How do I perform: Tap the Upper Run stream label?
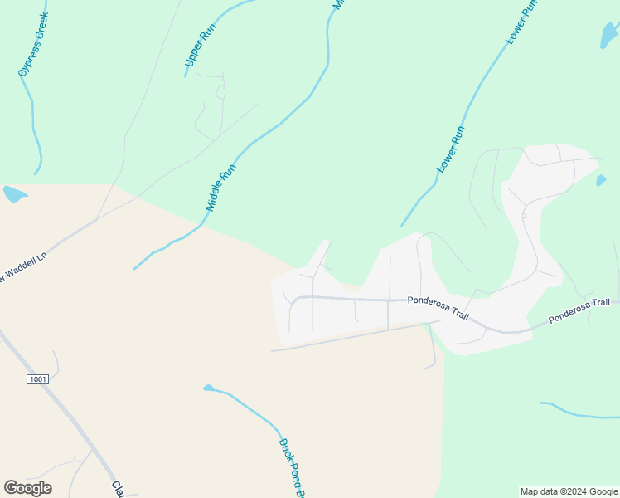pyautogui.click(x=200, y=45)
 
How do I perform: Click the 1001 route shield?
pyautogui.click(x=37, y=379)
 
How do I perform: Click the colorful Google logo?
pyautogui.click(x=27, y=488)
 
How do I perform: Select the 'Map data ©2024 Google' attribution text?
pyautogui.click(x=569, y=491)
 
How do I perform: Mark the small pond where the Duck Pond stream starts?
pyautogui.click(x=208, y=388)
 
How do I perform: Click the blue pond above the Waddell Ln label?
pyautogui.click(x=14, y=194)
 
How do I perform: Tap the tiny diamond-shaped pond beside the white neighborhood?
pyautogui.click(x=601, y=180)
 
